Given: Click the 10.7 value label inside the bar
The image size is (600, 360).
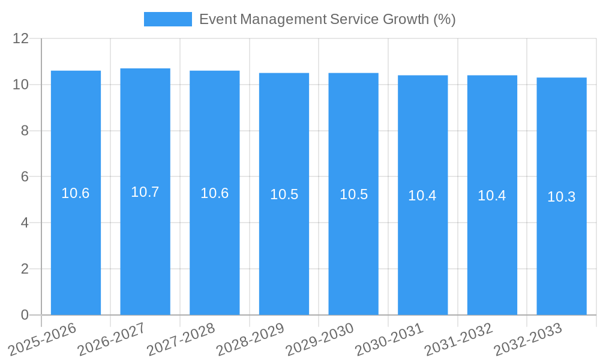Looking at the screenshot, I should [x=145, y=192].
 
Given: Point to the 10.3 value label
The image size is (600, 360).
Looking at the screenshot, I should [x=562, y=197].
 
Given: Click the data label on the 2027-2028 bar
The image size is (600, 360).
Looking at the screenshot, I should [x=215, y=193].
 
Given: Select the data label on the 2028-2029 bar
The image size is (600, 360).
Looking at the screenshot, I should [x=284, y=194].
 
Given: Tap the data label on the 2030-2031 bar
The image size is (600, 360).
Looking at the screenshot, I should [x=422, y=196].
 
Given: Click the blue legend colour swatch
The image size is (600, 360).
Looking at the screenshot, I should [x=168, y=19].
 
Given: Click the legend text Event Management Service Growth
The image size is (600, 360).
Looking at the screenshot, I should [x=327, y=19].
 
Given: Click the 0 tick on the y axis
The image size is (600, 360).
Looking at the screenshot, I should [x=25, y=315].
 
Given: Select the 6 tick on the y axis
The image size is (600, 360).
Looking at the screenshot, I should [x=25, y=177].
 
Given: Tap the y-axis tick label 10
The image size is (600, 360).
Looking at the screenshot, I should [x=21, y=85].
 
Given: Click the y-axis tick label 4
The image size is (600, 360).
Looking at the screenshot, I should [x=25, y=223].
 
